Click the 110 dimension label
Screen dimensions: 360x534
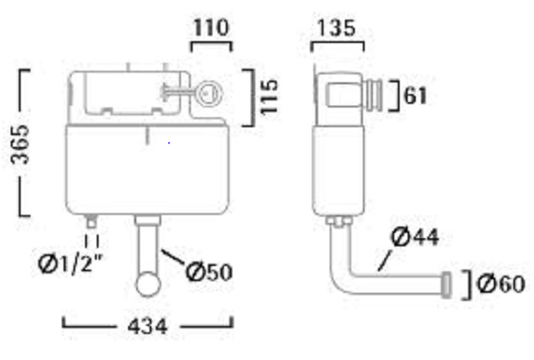(x=211, y=28)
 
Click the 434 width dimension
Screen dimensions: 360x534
(x=147, y=326)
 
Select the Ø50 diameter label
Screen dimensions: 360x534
(x=209, y=270)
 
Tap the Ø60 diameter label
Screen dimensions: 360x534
(x=501, y=284)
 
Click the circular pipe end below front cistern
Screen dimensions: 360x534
(x=146, y=285)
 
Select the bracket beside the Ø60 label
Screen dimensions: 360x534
(x=466, y=284)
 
